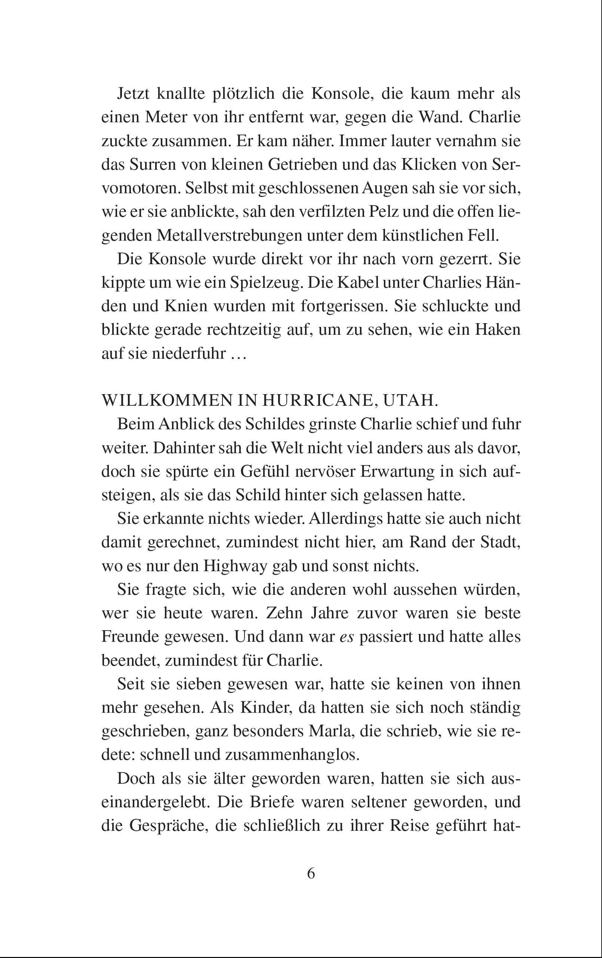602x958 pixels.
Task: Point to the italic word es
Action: click(x=346, y=637)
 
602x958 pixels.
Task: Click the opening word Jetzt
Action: click(x=133, y=94)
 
